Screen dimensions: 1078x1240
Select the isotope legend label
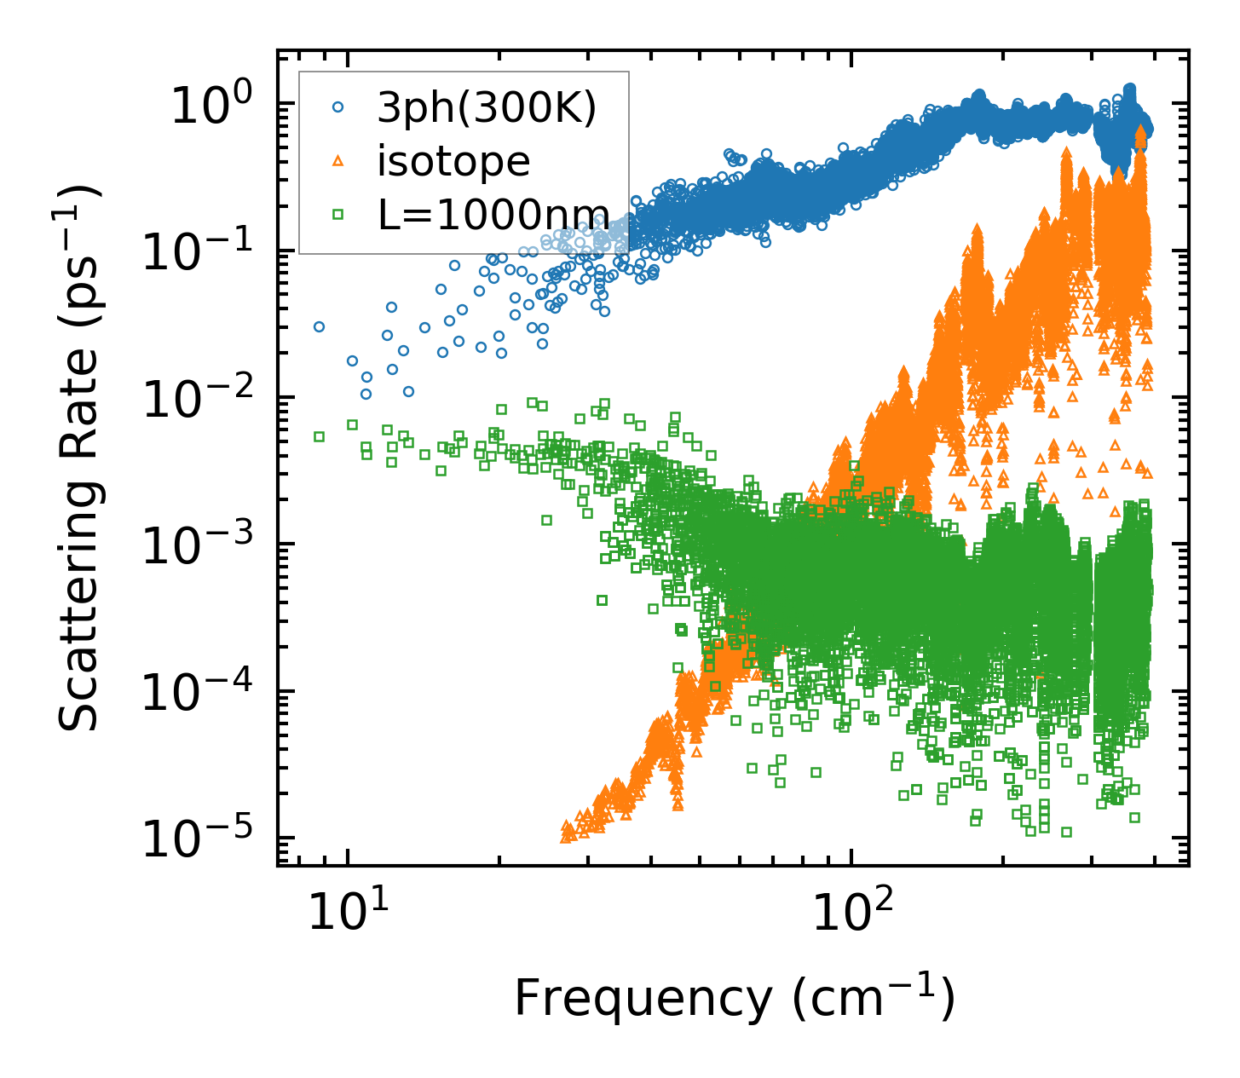click(453, 161)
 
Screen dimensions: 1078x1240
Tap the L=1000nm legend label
click(493, 214)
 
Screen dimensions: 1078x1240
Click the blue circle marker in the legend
click(337, 108)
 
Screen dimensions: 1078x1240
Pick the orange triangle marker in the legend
click(337, 160)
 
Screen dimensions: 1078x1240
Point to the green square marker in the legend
click(337, 214)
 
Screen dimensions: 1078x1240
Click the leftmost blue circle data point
click(319, 326)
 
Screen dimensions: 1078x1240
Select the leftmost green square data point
click(320, 436)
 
